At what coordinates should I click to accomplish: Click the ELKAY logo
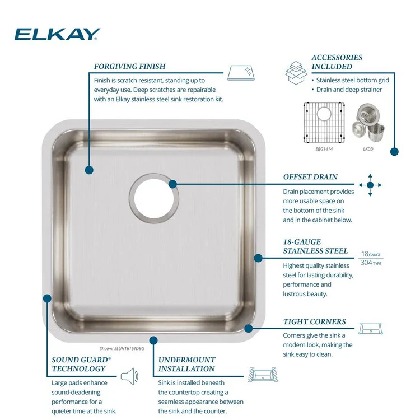pyautogui.click(x=57, y=34)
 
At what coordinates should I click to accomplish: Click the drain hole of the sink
pyautogui.click(x=154, y=198)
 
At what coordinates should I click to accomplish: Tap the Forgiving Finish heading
pyautogui.click(x=130, y=66)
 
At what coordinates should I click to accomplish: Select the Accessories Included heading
pyautogui.click(x=337, y=62)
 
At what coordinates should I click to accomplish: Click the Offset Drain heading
pyautogui.click(x=310, y=177)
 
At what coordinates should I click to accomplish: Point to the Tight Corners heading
pyautogui.click(x=315, y=321)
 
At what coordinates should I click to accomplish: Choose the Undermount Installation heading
pyautogui.click(x=186, y=364)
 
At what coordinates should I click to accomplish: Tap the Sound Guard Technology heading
pyautogui.click(x=81, y=364)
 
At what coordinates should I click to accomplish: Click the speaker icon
pyautogui.click(x=130, y=376)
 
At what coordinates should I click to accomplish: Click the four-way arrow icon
pyautogui.click(x=370, y=185)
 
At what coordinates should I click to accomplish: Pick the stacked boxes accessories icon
pyautogui.click(x=296, y=73)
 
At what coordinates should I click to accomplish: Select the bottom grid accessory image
pyautogui.click(x=324, y=123)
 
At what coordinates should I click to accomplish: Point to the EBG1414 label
pyautogui.click(x=324, y=149)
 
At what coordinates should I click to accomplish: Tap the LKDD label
pyautogui.click(x=368, y=149)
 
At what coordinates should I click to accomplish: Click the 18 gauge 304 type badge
pyautogui.click(x=371, y=258)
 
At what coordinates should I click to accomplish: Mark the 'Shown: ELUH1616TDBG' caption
pyautogui.click(x=122, y=348)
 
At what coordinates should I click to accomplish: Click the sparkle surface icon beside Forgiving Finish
pyautogui.click(x=241, y=73)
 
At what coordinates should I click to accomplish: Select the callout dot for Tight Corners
pyautogui.click(x=249, y=328)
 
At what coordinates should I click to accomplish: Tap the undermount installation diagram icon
pyautogui.click(x=263, y=375)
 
